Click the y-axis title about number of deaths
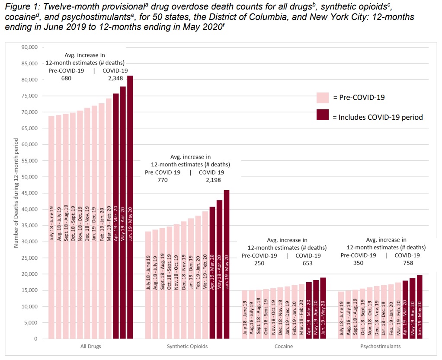16,193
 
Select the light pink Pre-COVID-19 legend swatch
323,98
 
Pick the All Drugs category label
90,347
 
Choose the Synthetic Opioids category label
187,347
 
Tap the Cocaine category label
283,347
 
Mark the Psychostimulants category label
380,347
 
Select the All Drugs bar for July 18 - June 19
51,227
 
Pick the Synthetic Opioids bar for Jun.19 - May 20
226,264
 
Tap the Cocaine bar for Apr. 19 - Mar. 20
308,310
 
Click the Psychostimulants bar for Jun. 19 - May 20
419,307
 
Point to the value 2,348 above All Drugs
115,78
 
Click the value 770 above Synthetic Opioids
163,180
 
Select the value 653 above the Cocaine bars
308,263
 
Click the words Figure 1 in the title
19,8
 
